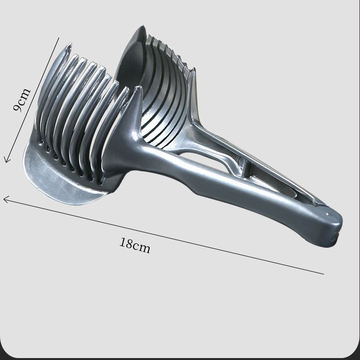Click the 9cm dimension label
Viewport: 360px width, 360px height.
point(22,100)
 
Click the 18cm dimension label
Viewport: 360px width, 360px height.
point(135,245)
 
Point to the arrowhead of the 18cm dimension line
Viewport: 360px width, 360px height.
point(6,199)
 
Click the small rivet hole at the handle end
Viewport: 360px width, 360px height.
point(328,215)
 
